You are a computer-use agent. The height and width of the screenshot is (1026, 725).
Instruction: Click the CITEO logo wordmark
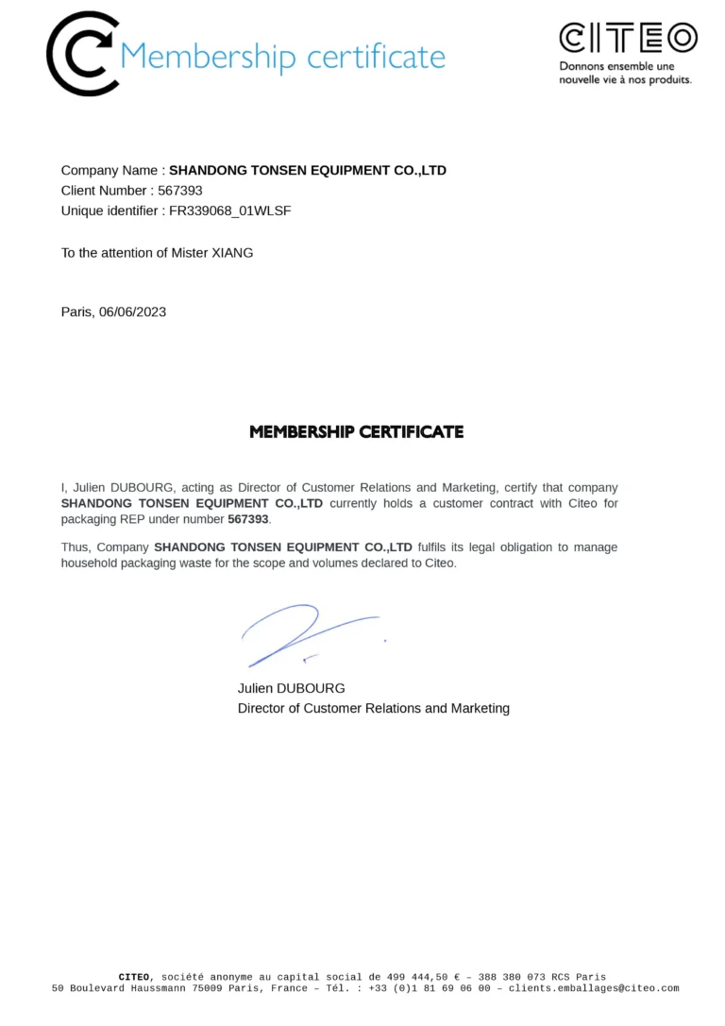[x=628, y=38]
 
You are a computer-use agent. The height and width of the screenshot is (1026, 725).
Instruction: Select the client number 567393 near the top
[x=179, y=191]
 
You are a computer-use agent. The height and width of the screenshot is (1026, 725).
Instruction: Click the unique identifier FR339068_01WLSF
[x=229, y=210]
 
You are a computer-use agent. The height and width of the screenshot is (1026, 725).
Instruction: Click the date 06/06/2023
[x=132, y=311]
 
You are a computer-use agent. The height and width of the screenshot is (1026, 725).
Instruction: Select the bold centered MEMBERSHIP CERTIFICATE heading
[x=357, y=432]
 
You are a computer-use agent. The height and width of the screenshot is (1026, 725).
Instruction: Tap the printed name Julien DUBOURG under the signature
[x=291, y=688]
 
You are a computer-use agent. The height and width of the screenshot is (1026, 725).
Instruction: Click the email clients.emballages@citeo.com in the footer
[x=593, y=988]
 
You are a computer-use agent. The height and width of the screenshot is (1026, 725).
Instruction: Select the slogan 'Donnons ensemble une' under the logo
[x=616, y=67]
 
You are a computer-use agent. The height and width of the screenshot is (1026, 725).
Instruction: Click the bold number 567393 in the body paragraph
[x=248, y=519]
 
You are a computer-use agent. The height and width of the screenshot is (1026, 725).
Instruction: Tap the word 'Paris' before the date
[x=76, y=311]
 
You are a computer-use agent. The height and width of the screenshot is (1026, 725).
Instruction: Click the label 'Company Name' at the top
[x=110, y=171]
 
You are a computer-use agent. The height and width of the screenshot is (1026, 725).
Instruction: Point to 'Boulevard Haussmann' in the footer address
[x=126, y=988]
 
